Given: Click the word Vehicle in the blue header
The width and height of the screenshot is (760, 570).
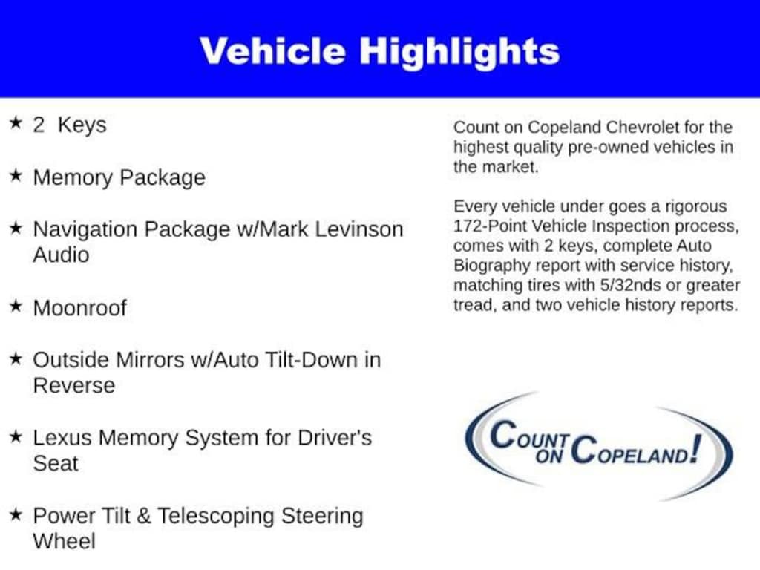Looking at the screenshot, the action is click(272, 51).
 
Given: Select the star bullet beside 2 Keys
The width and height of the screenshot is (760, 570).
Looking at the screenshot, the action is click(16, 123).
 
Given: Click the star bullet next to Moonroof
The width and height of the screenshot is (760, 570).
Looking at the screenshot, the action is click(16, 306).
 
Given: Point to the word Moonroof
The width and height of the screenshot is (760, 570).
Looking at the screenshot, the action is click(80, 308).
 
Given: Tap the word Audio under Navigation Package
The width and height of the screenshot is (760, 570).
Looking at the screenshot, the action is click(61, 255).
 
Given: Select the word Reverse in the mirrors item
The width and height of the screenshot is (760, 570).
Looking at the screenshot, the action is click(74, 386).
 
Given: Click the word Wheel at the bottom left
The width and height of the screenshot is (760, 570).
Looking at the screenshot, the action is click(64, 541).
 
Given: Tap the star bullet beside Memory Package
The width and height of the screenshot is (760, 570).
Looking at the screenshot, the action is click(16, 175).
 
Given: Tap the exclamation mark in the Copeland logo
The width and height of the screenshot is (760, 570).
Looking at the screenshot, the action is click(696, 448).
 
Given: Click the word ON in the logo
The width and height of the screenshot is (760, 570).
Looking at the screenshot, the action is click(549, 456).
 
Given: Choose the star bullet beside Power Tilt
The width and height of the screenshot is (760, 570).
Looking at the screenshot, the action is click(16, 514).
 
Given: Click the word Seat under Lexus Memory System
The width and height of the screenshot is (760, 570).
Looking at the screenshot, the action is click(56, 463).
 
